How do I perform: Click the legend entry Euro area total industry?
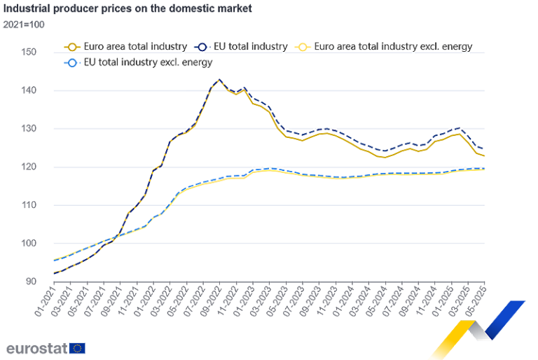point(126,47)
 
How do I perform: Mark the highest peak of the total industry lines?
point(219,80)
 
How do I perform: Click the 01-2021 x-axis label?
point(45,298)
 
